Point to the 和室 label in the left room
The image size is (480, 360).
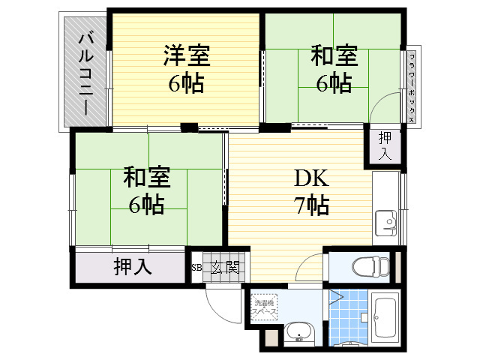pyautogui.click(x=147, y=178)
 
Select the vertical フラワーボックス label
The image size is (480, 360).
pyautogui.click(x=412, y=82)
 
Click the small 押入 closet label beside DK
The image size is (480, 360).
pyautogui.click(x=385, y=145)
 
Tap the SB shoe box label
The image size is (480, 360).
pyautogui.click(x=196, y=267)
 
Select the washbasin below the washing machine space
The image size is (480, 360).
pyautogui.click(x=301, y=331)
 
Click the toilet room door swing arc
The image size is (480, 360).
pyautogui.click(x=314, y=266)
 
